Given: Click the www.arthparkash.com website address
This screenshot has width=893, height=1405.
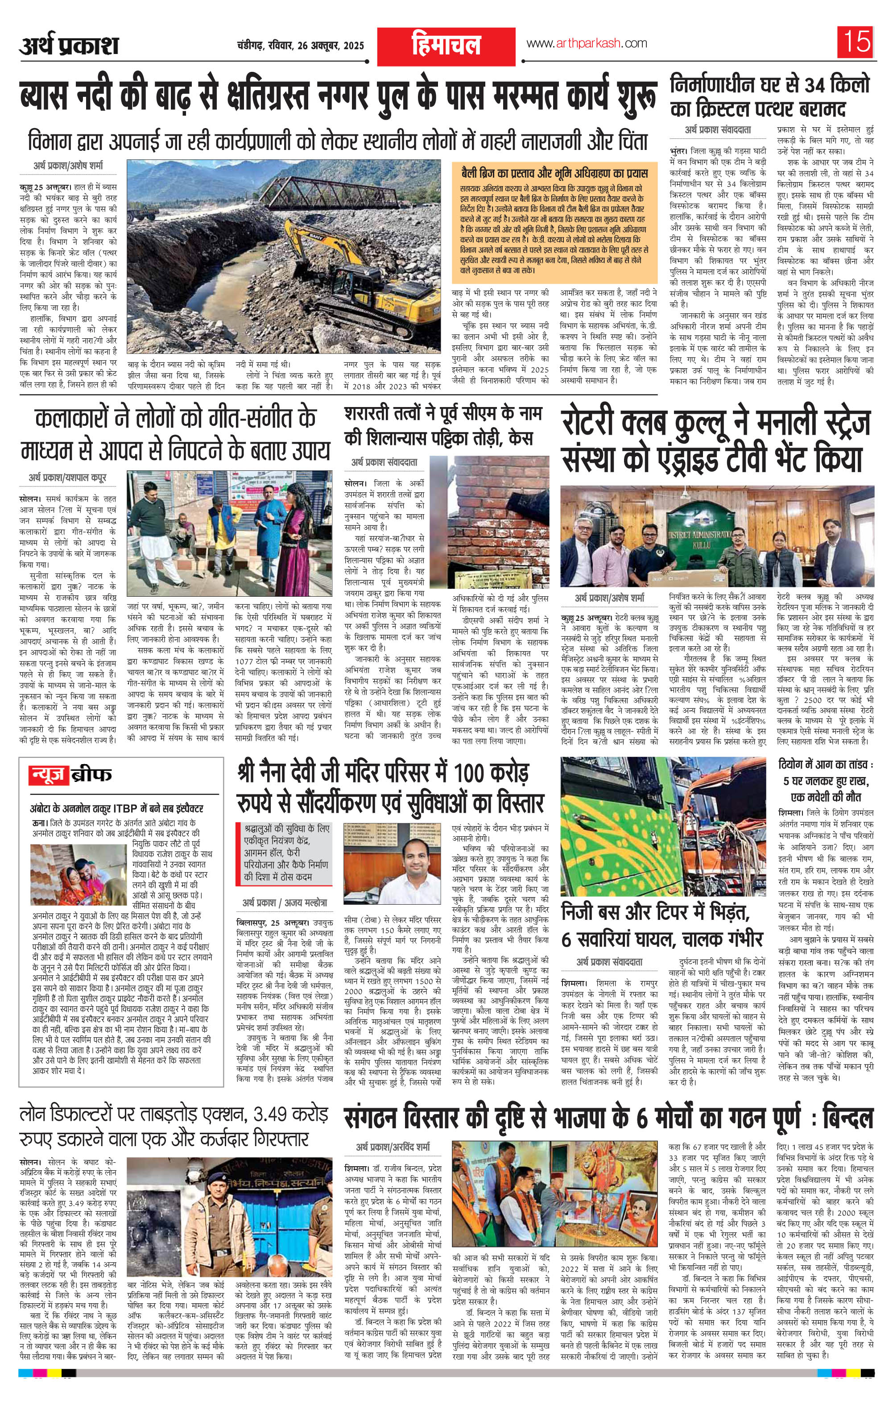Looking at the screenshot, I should point(586,43).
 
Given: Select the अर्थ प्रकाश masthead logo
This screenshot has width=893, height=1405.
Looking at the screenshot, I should point(69,45).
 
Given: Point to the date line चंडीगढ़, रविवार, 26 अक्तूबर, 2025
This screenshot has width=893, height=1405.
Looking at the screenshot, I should point(300,45).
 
